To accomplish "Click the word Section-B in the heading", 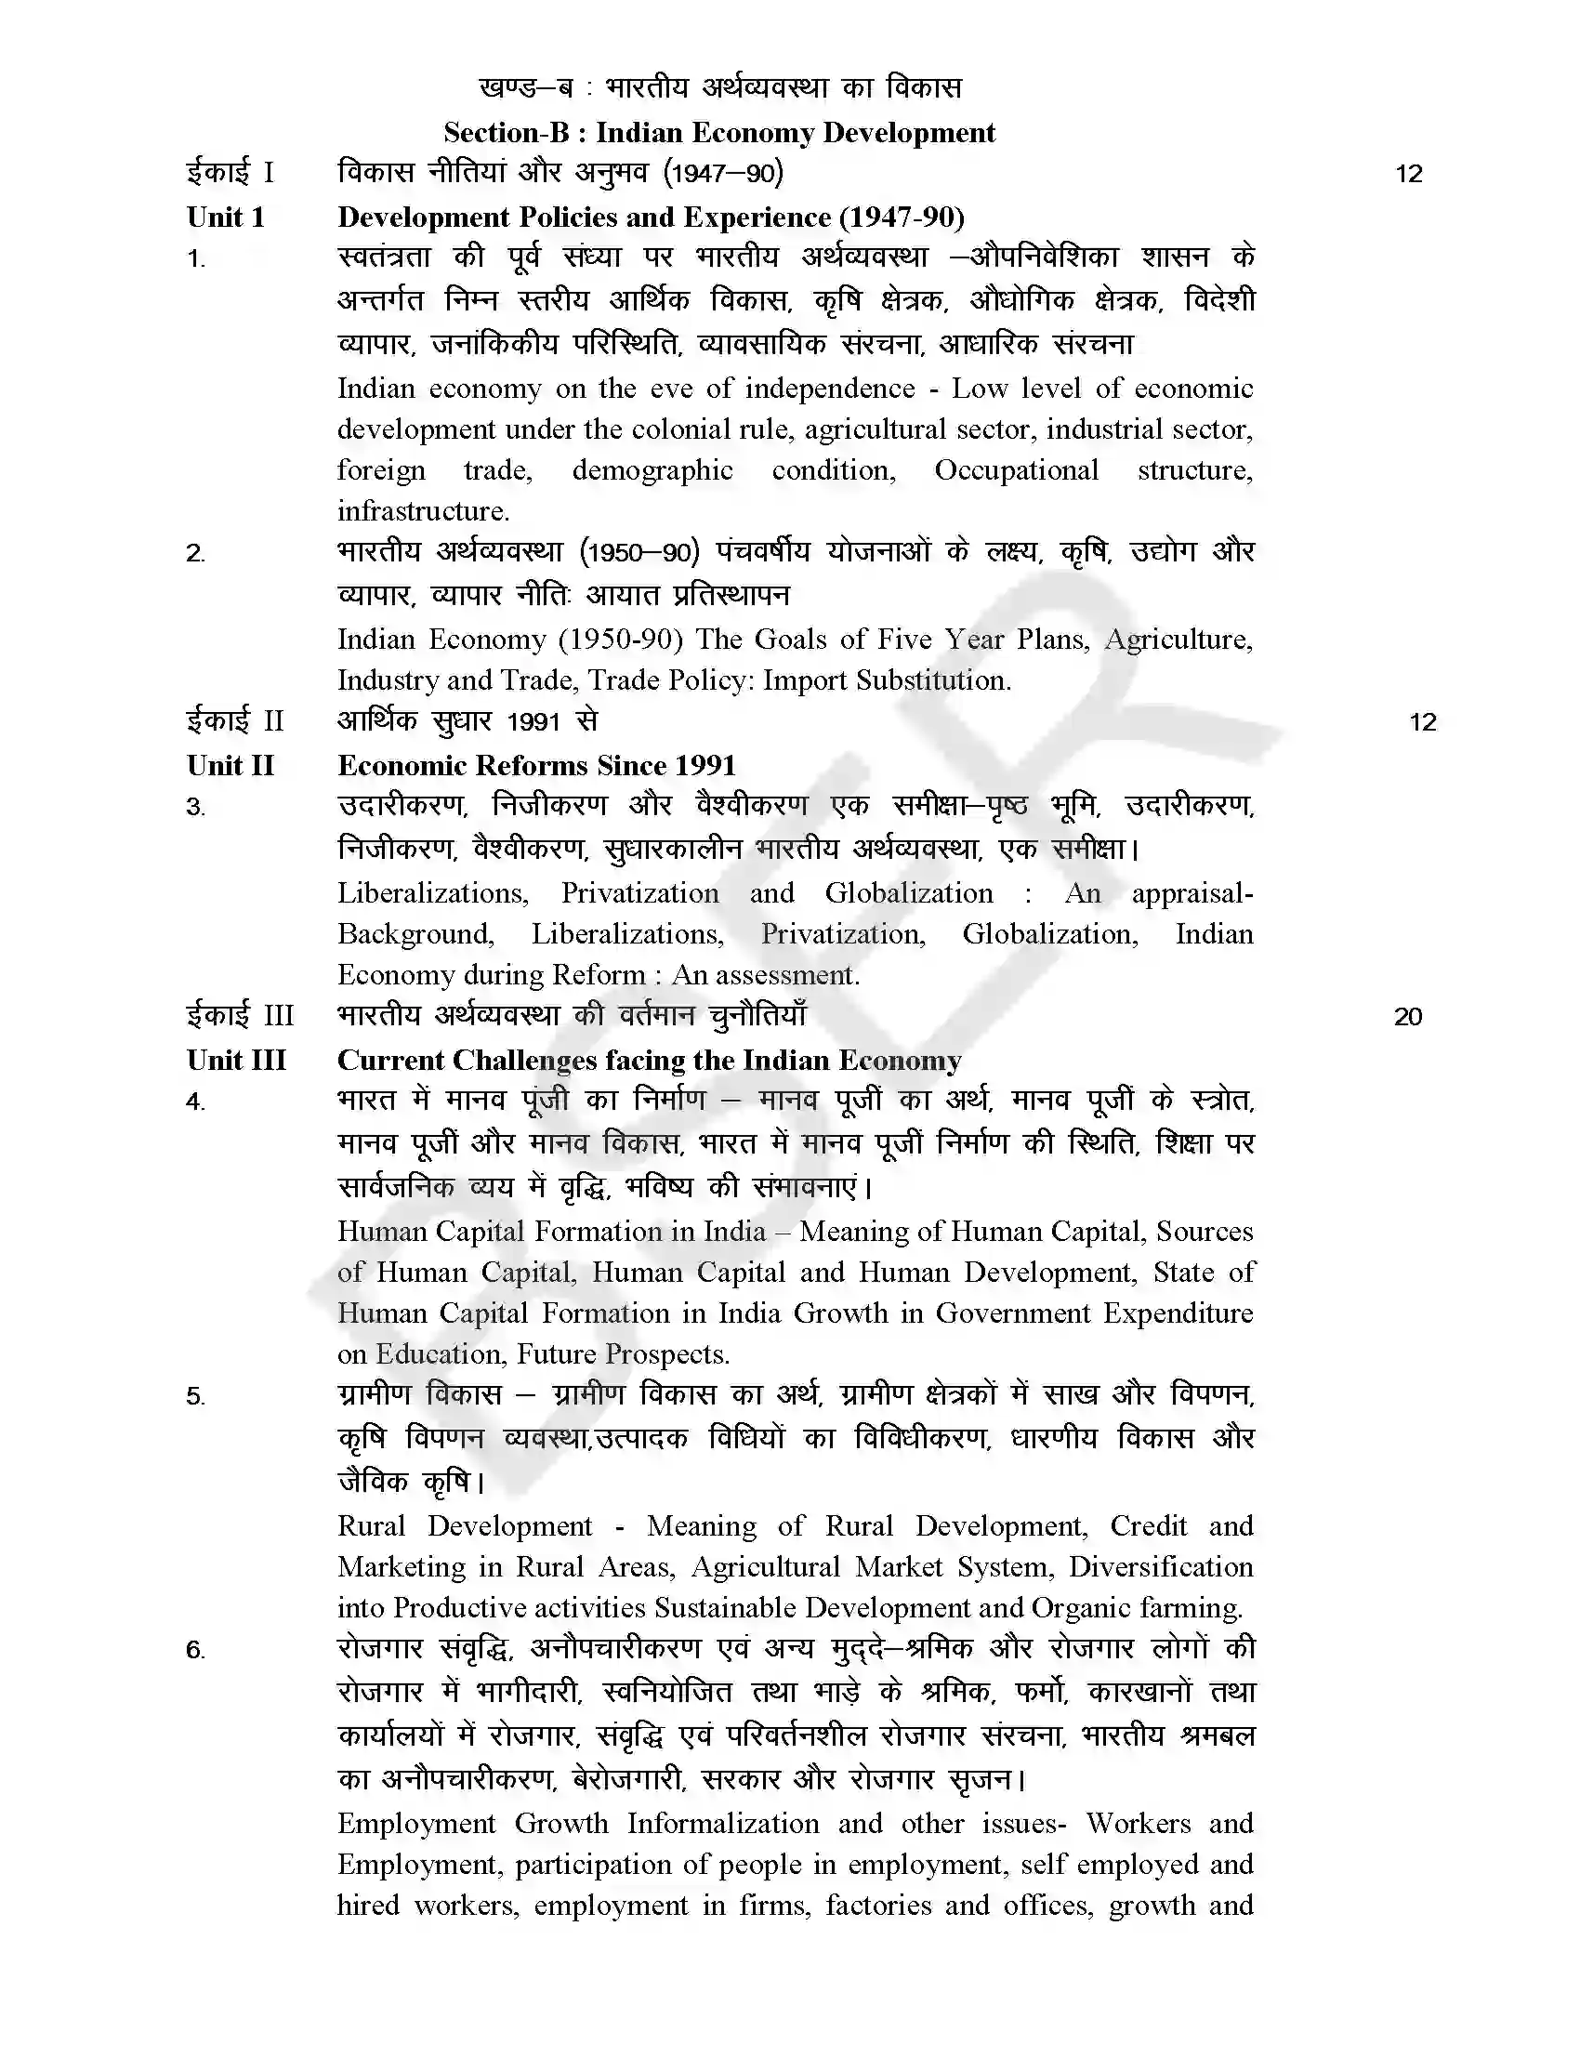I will pos(507,133).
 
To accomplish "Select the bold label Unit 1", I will pos(226,218).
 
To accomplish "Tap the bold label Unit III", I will pos(236,1060).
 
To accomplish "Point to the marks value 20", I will pos(1408,1017).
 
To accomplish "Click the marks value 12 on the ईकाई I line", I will pos(1408,174).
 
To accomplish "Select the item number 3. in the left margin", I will pos(195,807).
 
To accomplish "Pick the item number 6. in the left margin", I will pos(195,1650).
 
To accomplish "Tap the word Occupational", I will pos(1016,470).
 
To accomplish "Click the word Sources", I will pos(1204,1232).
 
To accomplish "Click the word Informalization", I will pos(722,1824).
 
